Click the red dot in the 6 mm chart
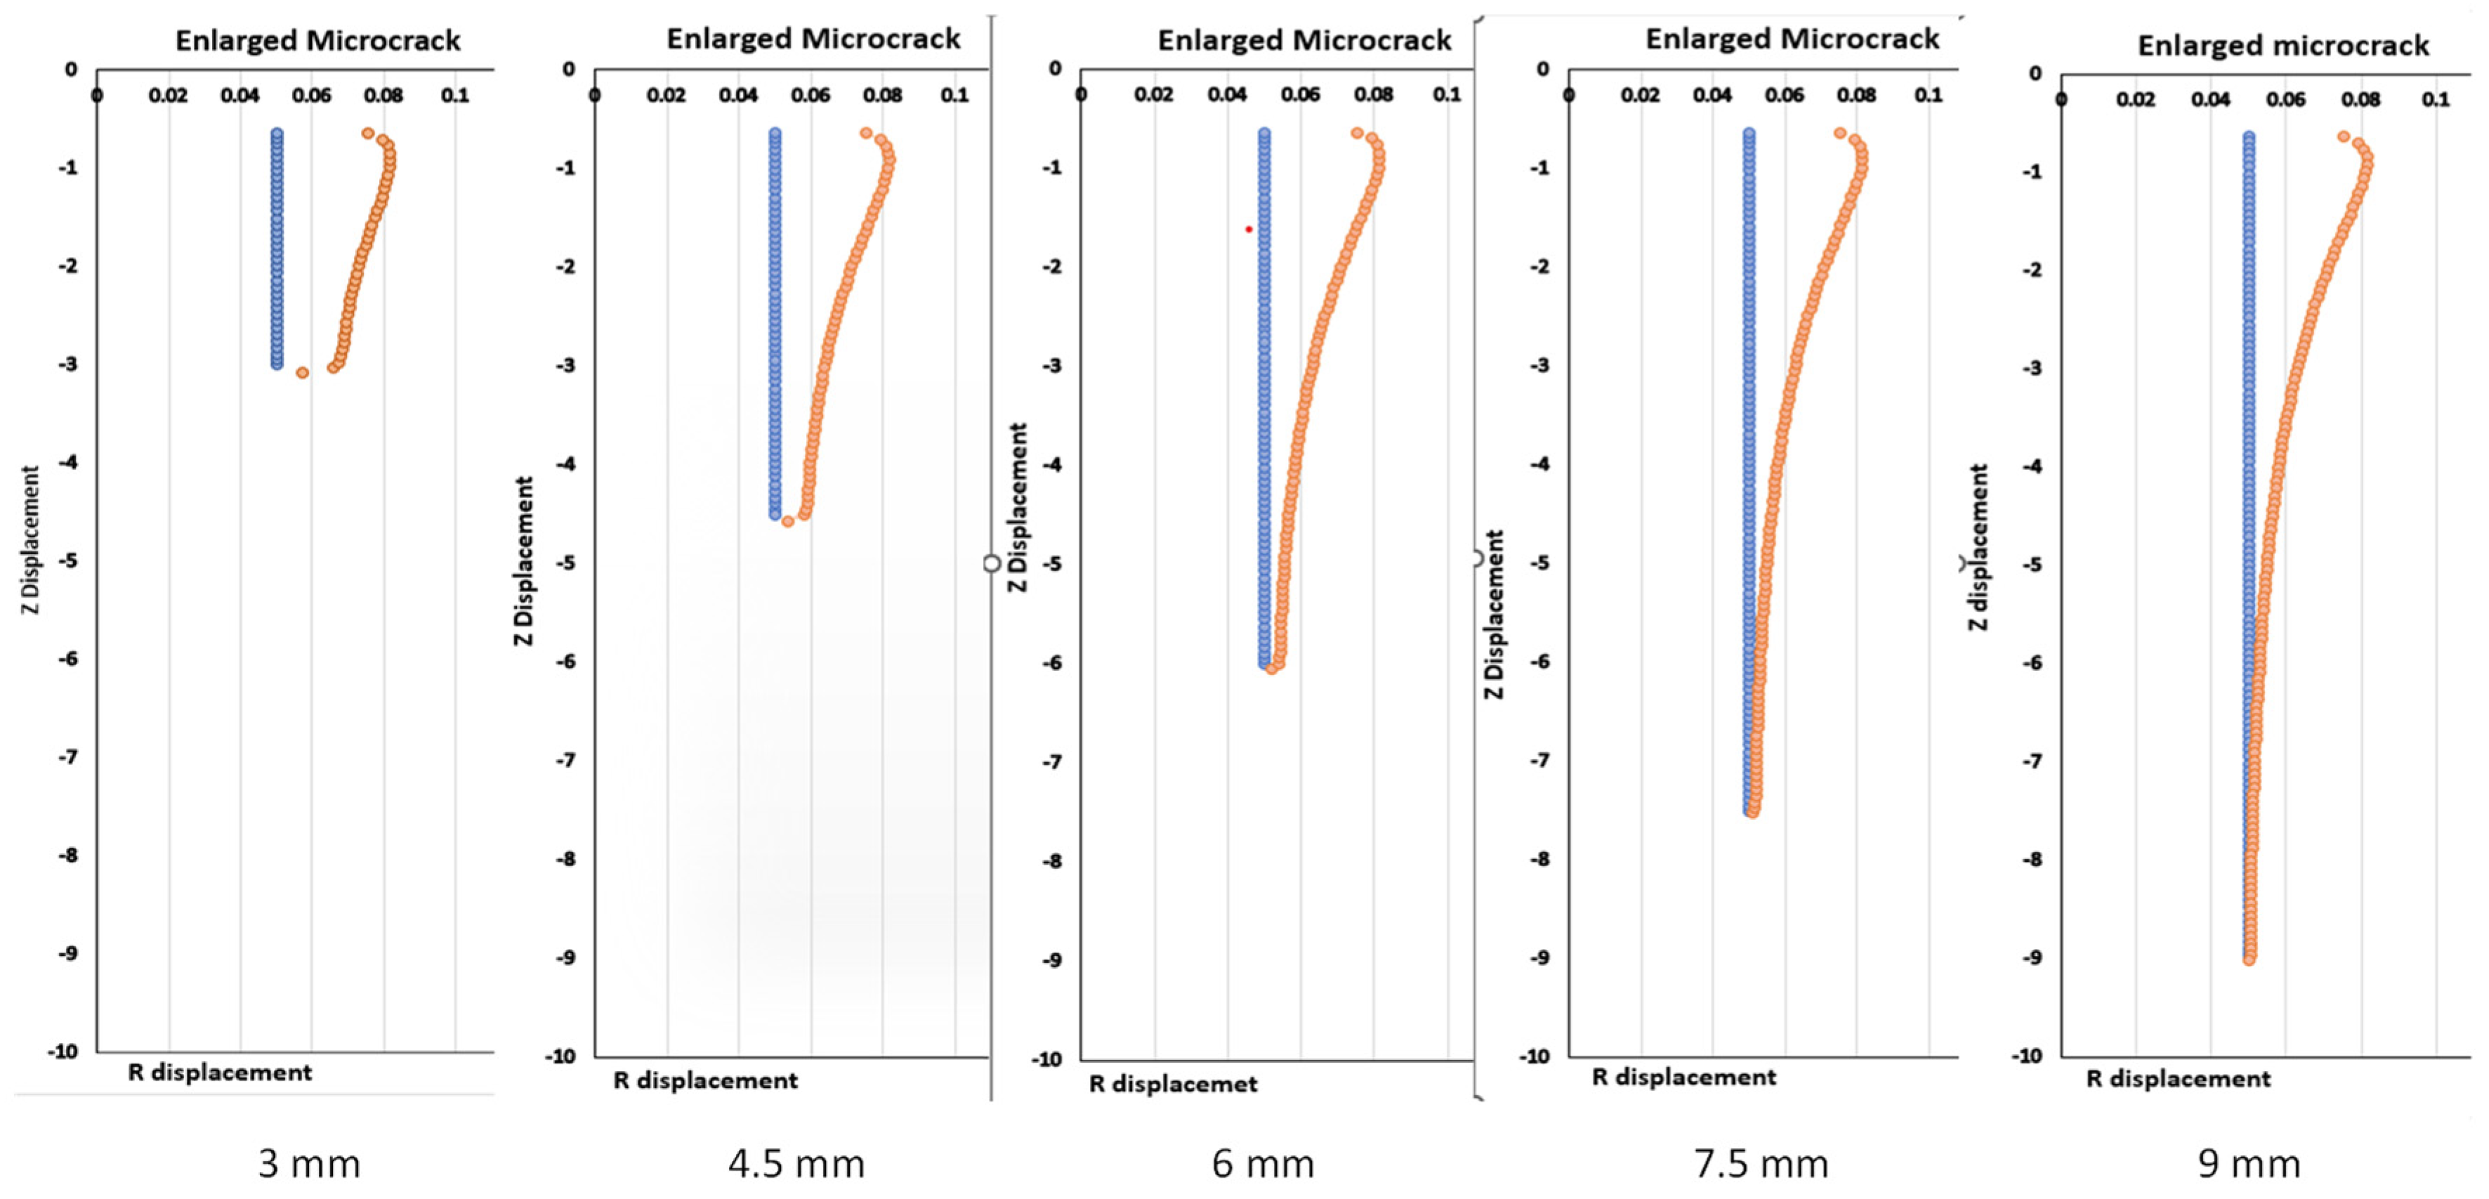pyautogui.click(x=1249, y=229)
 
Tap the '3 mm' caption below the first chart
pyautogui.click(x=309, y=1163)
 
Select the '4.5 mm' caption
pyautogui.click(x=796, y=1163)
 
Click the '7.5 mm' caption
pyautogui.click(x=1761, y=1163)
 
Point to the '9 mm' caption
pyautogui.click(x=2250, y=1163)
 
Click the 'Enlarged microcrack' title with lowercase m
pyautogui.click(x=2283, y=46)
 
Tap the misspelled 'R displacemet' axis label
pyautogui.click(x=1173, y=1084)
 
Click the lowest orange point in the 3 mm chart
pyautogui.click(x=303, y=372)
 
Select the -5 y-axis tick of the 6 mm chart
pyautogui.click(x=1054, y=563)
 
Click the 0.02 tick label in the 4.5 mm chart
pyautogui.click(x=666, y=96)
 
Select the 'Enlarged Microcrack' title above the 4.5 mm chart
pyautogui.click(x=813, y=39)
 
